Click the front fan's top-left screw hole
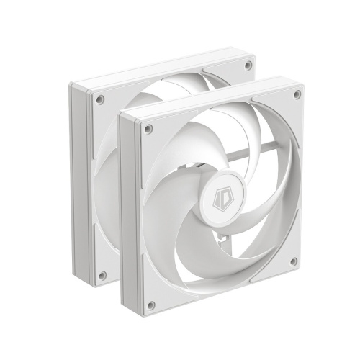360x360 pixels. pyautogui.click(x=148, y=130)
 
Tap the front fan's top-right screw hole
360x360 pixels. pyautogui.click(x=296, y=95)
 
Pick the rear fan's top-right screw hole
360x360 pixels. pyautogui.click(x=248, y=65)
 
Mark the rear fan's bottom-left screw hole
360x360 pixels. pyautogui.click(x=102, y=274)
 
